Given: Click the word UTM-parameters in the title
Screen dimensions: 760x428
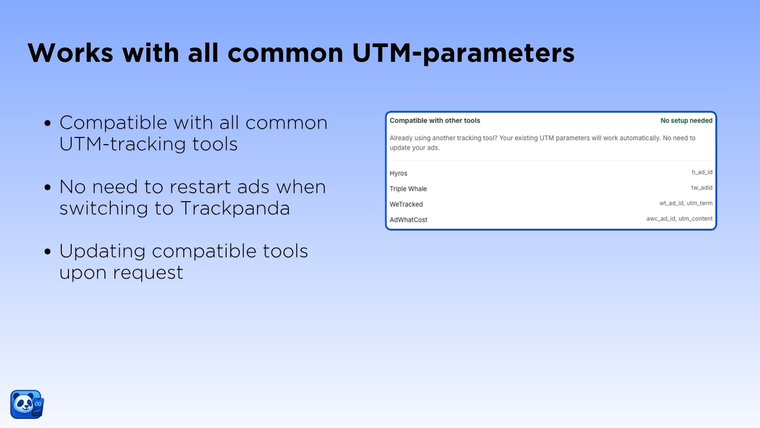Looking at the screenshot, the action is click(x=463, y=53).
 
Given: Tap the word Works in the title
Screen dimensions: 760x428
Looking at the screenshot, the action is click(x=70, y=53).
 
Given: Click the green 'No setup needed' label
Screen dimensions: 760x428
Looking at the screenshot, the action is click(x=686, y=121).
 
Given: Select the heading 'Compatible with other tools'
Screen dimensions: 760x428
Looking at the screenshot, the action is click(x=435, y=121).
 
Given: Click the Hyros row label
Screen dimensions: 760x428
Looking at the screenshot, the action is click(x=399, y=173).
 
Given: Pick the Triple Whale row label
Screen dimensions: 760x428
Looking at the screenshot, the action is click(x=408, y=189).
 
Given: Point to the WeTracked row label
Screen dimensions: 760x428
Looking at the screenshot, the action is click(x=406, y=204).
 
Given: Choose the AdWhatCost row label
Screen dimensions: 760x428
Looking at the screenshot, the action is click(x=408, y=220).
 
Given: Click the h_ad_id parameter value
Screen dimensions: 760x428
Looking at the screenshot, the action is click(x=702, y=172).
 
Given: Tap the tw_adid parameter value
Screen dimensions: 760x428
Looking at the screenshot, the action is click(x=702, y=188).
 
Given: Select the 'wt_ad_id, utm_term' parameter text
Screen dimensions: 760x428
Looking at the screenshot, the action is click(x=686, y=203).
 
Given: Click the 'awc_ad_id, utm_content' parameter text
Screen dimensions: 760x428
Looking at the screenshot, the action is click(x=679, y=219).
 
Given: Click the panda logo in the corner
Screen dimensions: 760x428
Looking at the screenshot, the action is click(x=27, y=404).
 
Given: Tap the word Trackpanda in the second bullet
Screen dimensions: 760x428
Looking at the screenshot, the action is click(x=235, y=208).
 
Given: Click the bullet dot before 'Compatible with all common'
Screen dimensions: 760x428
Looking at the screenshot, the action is click(x=47, y=123).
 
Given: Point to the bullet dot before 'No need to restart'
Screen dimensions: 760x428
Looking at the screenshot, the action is click(x=47, y=187).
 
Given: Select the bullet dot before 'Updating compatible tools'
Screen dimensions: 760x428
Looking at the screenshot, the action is click(x=47, y=252).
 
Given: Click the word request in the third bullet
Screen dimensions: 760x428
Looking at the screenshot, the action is click(x=148, y=273).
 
